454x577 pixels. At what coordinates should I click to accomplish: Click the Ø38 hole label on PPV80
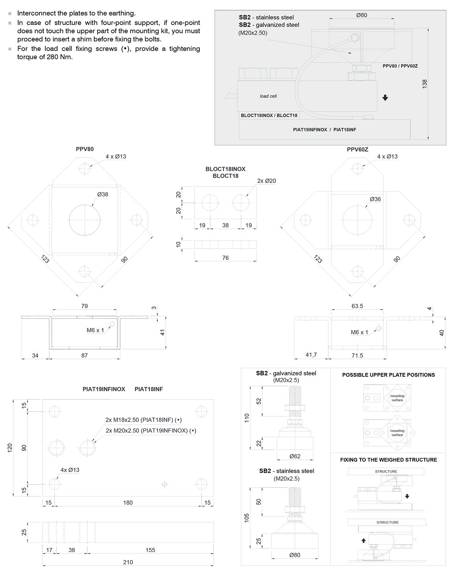103,194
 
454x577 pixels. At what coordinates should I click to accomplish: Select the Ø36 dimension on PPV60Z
375,199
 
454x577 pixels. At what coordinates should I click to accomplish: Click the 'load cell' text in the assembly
268,96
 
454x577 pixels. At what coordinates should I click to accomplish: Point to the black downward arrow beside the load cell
385,98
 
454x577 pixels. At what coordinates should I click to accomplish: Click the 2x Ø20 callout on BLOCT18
266,181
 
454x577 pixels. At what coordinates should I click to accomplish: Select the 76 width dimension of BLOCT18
225,258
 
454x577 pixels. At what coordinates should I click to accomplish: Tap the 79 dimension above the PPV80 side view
84,306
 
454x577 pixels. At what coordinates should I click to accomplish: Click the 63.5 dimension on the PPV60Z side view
357,306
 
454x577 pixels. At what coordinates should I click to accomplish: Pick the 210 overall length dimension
128,562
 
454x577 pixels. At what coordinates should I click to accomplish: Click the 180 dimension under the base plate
128,503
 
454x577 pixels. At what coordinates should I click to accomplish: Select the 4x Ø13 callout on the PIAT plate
70,470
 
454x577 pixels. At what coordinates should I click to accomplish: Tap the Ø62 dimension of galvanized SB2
295,456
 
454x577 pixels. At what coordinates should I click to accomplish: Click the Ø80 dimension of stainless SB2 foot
295,555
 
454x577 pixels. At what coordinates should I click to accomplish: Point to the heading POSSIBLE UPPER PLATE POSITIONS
388,375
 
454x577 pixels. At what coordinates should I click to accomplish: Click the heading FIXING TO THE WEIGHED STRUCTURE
388,460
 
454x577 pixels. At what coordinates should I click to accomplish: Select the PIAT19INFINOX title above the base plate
104,389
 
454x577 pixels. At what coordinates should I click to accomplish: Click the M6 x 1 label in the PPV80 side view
95,330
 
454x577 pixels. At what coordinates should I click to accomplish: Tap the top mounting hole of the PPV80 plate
85,168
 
